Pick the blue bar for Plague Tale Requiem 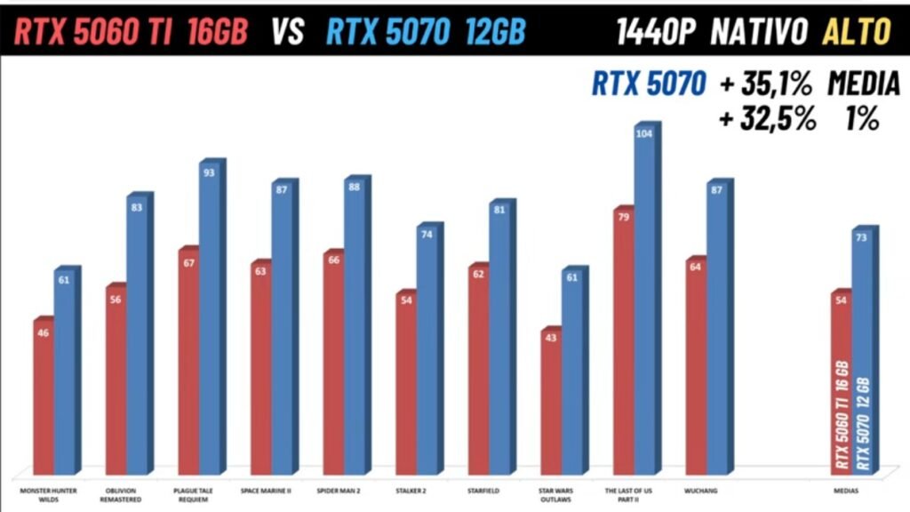pos(210,320)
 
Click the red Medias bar pos(841,382)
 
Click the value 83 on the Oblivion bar pos(137,207)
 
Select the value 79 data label pos(624,216)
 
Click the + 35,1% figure pos(766,84)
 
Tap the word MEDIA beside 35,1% pos(864,84)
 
